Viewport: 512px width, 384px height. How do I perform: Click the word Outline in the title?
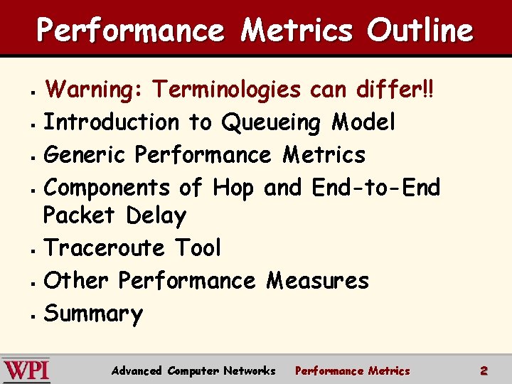tap(420, 31)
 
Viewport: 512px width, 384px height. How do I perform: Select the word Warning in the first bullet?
tap(92, 90)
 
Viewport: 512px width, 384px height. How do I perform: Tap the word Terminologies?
tap(228, 90)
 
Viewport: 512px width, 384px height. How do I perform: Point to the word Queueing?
tap(271, 123)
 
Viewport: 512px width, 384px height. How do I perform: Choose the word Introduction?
tap(112, 122)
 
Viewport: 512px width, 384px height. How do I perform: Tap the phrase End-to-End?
tap(376, 187)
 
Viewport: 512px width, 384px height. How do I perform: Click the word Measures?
tap(317, 281)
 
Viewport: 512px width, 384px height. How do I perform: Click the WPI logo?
tap(26, 370)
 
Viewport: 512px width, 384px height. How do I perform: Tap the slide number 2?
tap(484, 370)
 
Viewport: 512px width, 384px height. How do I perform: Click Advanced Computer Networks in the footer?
tap(193, 370)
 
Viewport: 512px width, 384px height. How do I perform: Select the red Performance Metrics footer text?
tap(352, 370)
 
